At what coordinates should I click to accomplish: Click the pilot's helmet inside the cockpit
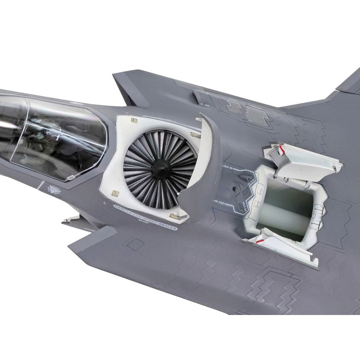point(50,135)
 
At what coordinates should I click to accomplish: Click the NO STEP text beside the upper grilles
point(204,104)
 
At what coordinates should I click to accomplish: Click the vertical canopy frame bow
point(28,133)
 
